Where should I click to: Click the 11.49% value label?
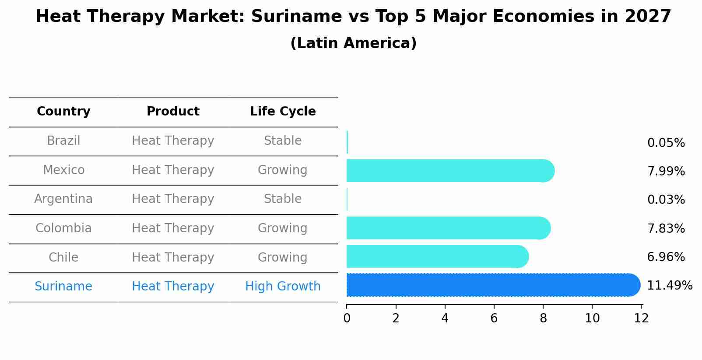click(669, 286)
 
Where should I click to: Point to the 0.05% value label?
click(666, 143)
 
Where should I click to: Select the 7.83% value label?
click(666, 229)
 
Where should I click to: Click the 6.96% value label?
click(666, 257)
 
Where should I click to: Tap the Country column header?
click(63, 112)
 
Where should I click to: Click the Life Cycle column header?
click(283, 112)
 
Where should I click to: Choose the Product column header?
click(173, 112)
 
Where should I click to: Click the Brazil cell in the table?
click(63, 141)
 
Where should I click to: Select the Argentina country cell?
click(63, 199)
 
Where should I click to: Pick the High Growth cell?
click(283, 287)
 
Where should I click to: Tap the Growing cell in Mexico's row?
click(283, 170)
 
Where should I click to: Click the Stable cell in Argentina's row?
click(283, 199)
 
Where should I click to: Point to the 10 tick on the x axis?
click(592, 318)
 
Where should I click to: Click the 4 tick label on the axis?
click(445, 318)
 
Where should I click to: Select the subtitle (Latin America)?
click(353, 43)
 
